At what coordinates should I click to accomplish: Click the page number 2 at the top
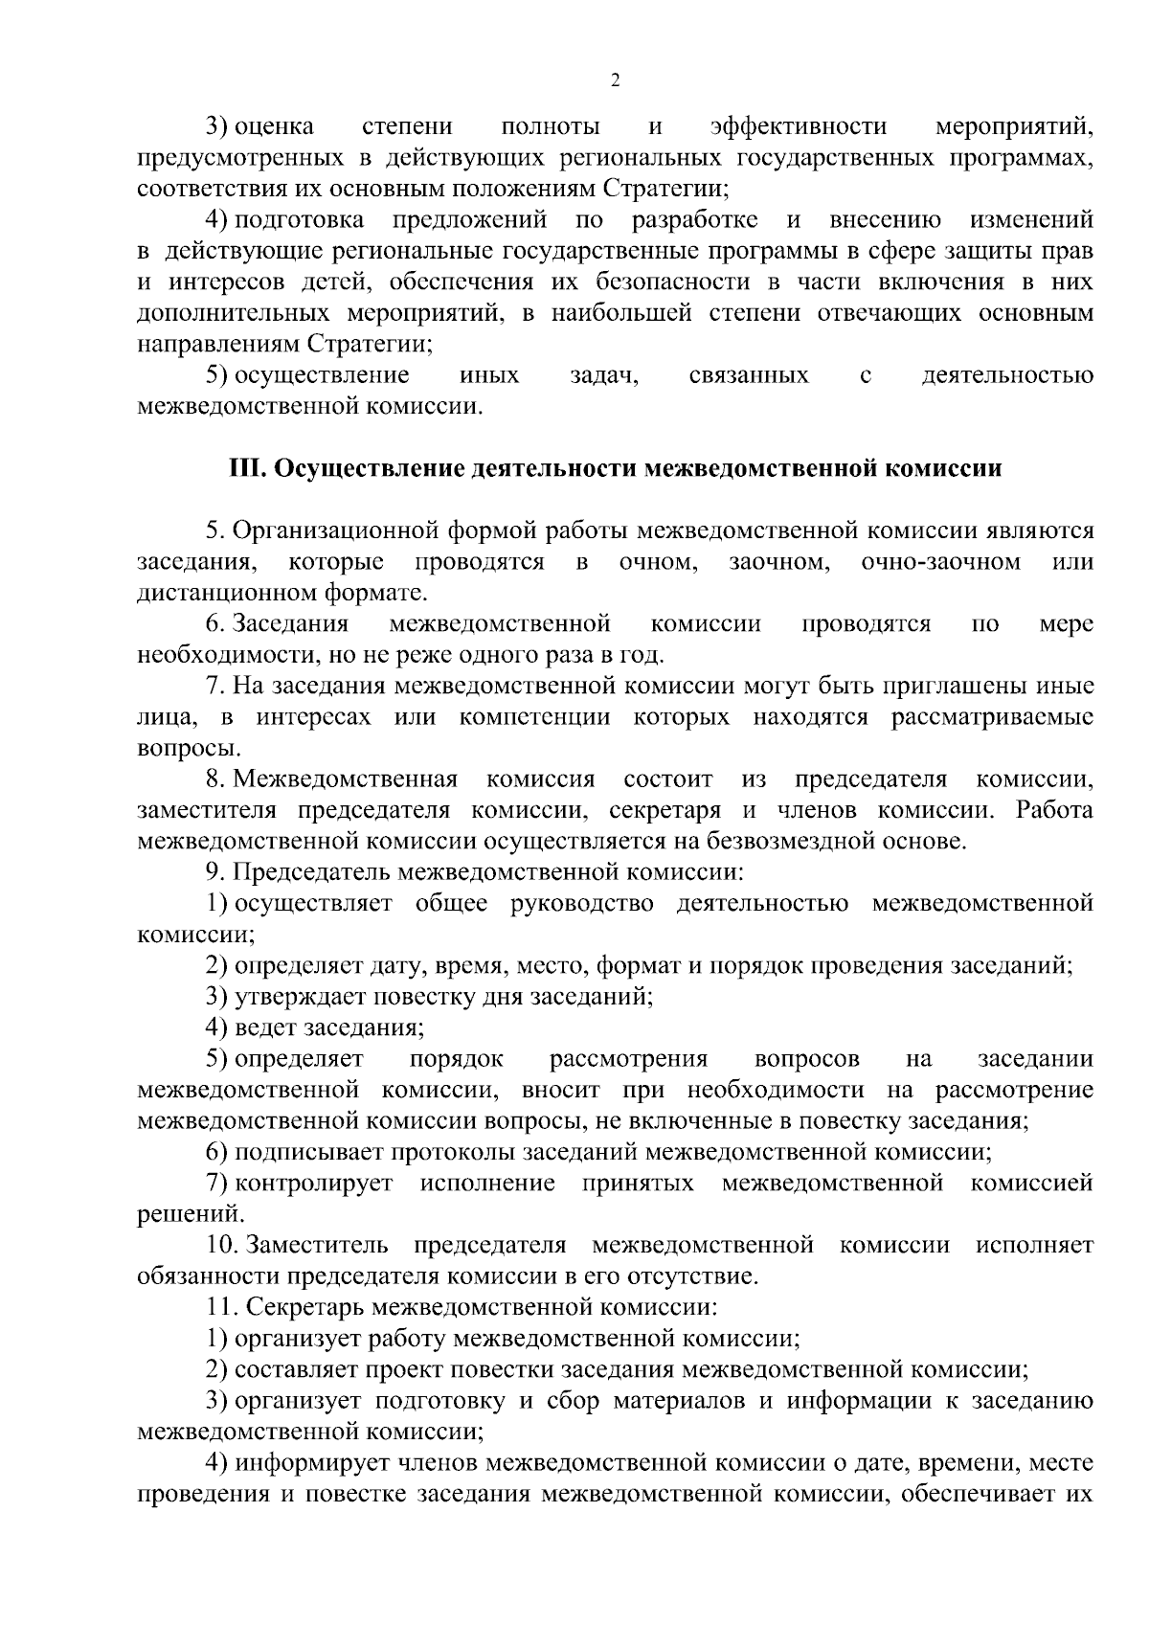tap(615, 80)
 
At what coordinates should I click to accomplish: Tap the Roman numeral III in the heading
tap(247, 469)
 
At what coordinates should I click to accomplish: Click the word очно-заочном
tap(940, 562)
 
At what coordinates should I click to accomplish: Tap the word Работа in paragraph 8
tap(1055, 811)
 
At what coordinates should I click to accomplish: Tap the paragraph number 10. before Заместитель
tap(220, 1246)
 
